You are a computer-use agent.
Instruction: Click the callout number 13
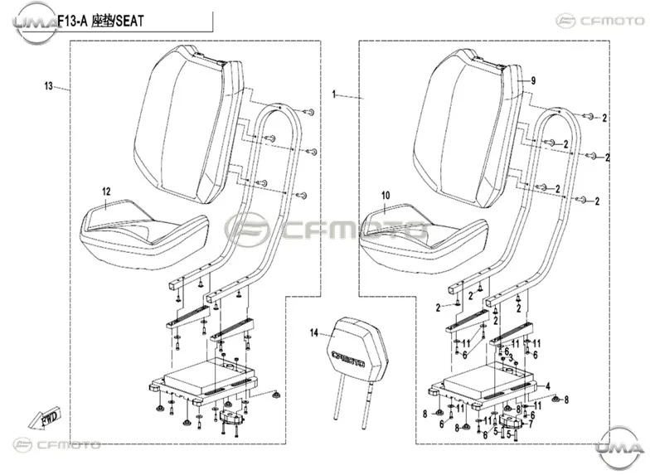click(x=48, y=86)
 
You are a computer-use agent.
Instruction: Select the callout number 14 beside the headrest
click(x=314, y=333)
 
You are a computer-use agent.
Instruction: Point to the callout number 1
click(x=334, y=95)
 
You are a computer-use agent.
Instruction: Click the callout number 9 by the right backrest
click(x=533, y=80)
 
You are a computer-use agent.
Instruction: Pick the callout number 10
click(x=386, y=196)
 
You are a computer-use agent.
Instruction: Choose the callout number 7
click(x=531, y=424)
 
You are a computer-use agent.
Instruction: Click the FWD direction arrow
click(x=45, y=416)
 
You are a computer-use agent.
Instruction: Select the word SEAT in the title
click(x=129, y=21)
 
